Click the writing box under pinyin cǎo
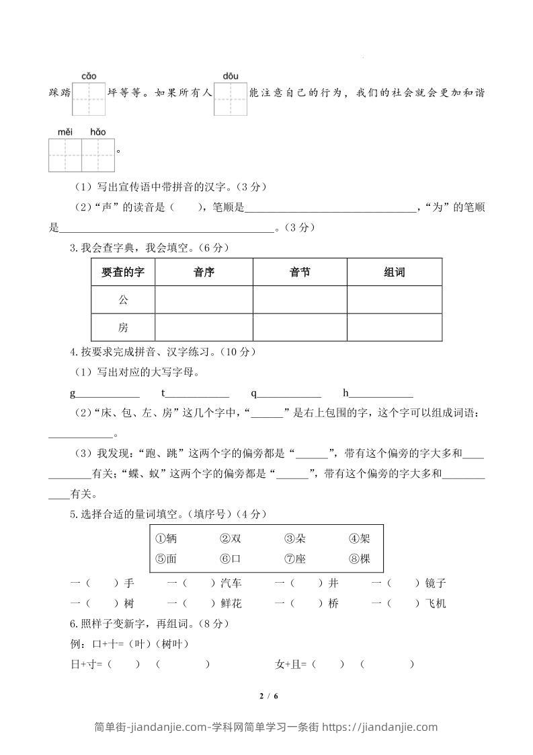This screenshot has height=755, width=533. click(x=89, y=99)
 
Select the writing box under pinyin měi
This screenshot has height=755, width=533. click(x=65, y=155)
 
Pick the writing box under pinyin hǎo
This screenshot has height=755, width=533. click(x=98, y=155)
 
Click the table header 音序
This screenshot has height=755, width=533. click(x=204, y=273)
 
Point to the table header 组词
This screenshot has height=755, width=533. click(x=395, y=273)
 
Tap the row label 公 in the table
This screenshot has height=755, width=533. click(x=123, y=300)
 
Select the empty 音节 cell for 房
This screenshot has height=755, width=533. click(x=300, y=328)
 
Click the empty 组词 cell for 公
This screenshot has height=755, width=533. click(x=395, y=300)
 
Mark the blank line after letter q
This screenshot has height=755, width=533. click(x=290, y=394)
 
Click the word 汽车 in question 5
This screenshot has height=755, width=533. click(x=231, y=583)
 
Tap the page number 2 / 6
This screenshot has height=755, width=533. click(x=267, y=696)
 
